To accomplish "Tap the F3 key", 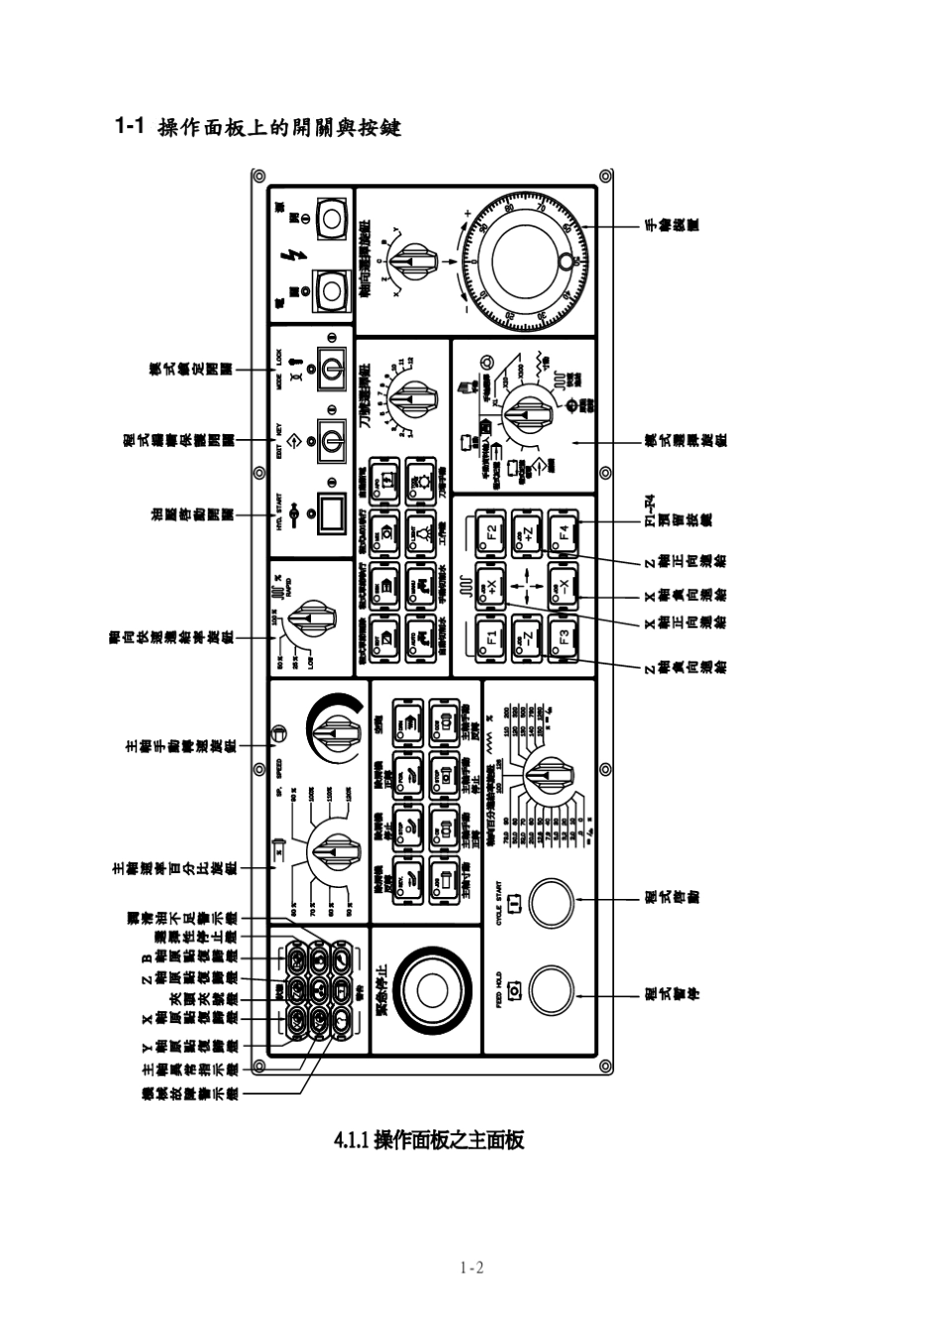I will (x=563, y=638).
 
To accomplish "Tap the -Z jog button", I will (x=528, y=638).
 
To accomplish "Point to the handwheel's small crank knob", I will (x=566, y=261).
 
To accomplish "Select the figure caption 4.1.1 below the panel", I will (x=428, y=1139).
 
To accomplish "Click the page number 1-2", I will (x=471, y=1268).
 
